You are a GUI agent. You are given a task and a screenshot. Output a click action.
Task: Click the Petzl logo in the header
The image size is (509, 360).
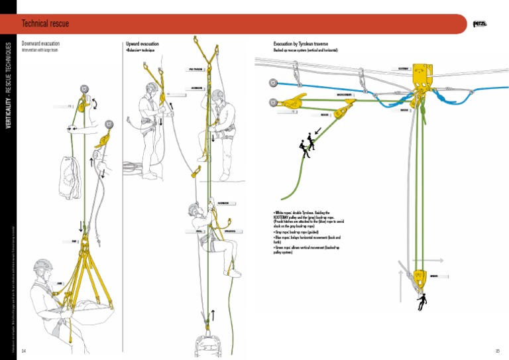click(480, 25)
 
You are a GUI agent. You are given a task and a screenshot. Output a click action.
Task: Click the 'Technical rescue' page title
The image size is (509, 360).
click(45, 24)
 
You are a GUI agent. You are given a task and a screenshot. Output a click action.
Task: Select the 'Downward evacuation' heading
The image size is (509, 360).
click(40, 44)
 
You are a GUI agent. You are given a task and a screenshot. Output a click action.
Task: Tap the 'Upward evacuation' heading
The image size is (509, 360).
click(142, 44)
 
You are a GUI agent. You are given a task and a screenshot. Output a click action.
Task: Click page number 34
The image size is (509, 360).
click(24, 351)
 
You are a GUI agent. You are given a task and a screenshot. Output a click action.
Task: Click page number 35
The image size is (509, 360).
click(497, 351)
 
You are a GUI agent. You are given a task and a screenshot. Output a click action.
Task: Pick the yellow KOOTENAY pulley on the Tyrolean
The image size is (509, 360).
click(420, 74)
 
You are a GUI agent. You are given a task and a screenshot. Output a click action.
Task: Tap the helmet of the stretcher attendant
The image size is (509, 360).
click(44, 266)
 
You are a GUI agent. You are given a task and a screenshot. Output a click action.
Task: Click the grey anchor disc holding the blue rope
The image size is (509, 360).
click(272, 84)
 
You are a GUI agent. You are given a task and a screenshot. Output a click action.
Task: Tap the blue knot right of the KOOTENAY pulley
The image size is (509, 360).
click(457, 99)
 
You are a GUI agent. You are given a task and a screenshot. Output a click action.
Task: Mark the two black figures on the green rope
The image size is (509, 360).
click(308, 145)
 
